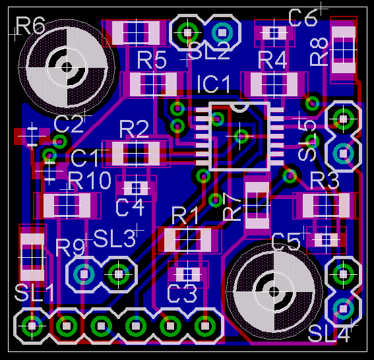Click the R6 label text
point(30,25)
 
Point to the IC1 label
point(214,84)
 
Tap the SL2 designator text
point(209,51)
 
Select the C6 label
point(303,18)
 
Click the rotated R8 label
point(319,51)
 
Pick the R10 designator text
point(90,180)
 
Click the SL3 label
point(115,239)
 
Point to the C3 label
point(182,294)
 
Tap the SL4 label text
point(329,334)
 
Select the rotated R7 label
point(232,206)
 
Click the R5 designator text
point(152,61)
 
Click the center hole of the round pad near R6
point(67,67)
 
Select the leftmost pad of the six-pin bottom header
point(32,326)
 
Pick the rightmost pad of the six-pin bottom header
point(204,326)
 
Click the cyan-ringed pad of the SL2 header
point(222,32)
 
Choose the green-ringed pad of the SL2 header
point(188,32)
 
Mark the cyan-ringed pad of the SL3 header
point(84,274)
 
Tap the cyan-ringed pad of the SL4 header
point(343,309)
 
